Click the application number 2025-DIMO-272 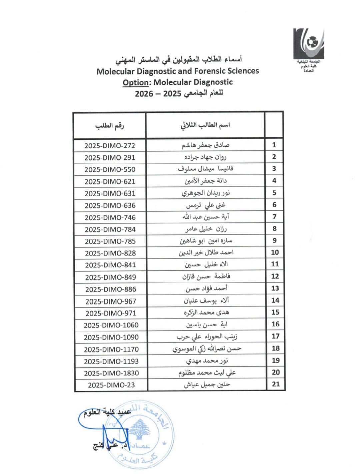[x=110, y=146]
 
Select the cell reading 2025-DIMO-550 [x=110, y=170]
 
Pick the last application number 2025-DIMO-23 [x=111, y=385]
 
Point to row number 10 [x=275, y=252]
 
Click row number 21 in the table [x=276, y=384]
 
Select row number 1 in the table [x=274, y=145]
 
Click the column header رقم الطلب [x=109, y=126]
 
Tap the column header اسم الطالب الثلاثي [x=205, y=125]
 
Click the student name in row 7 [x=206, y=217]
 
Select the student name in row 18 [x=207, y=349]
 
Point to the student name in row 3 [x=205, y=169]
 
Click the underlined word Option [x=135, y=82]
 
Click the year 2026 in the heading [x=144, y=94]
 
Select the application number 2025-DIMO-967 [x=111, y=302]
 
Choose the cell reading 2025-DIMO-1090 [x=111, y=337]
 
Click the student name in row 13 [x=206, y=289]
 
